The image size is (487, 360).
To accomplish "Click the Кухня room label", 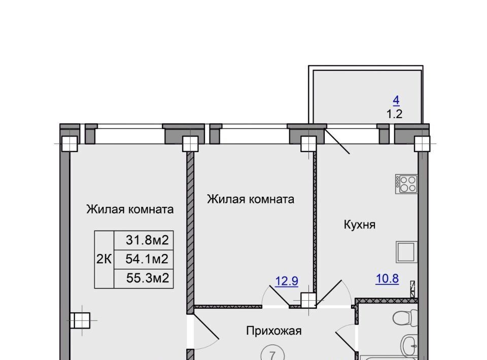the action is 359,225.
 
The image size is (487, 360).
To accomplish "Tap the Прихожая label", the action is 273,331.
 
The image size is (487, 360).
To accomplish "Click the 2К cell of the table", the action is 104,259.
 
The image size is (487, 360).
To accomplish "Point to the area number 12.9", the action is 286,281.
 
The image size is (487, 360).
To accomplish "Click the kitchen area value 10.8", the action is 387,279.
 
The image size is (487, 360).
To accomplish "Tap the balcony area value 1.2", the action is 395,114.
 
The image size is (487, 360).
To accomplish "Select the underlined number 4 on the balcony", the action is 396,100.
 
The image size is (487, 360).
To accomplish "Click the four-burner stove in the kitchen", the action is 406,184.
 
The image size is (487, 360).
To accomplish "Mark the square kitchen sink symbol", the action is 406,252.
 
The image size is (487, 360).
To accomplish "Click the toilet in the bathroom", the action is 405,317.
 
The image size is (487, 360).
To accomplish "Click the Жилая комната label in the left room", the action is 130,209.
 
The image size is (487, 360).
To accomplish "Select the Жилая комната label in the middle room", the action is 251,199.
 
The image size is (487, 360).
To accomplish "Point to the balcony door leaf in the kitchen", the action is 337,141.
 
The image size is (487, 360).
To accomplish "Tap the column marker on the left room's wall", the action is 80,320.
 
